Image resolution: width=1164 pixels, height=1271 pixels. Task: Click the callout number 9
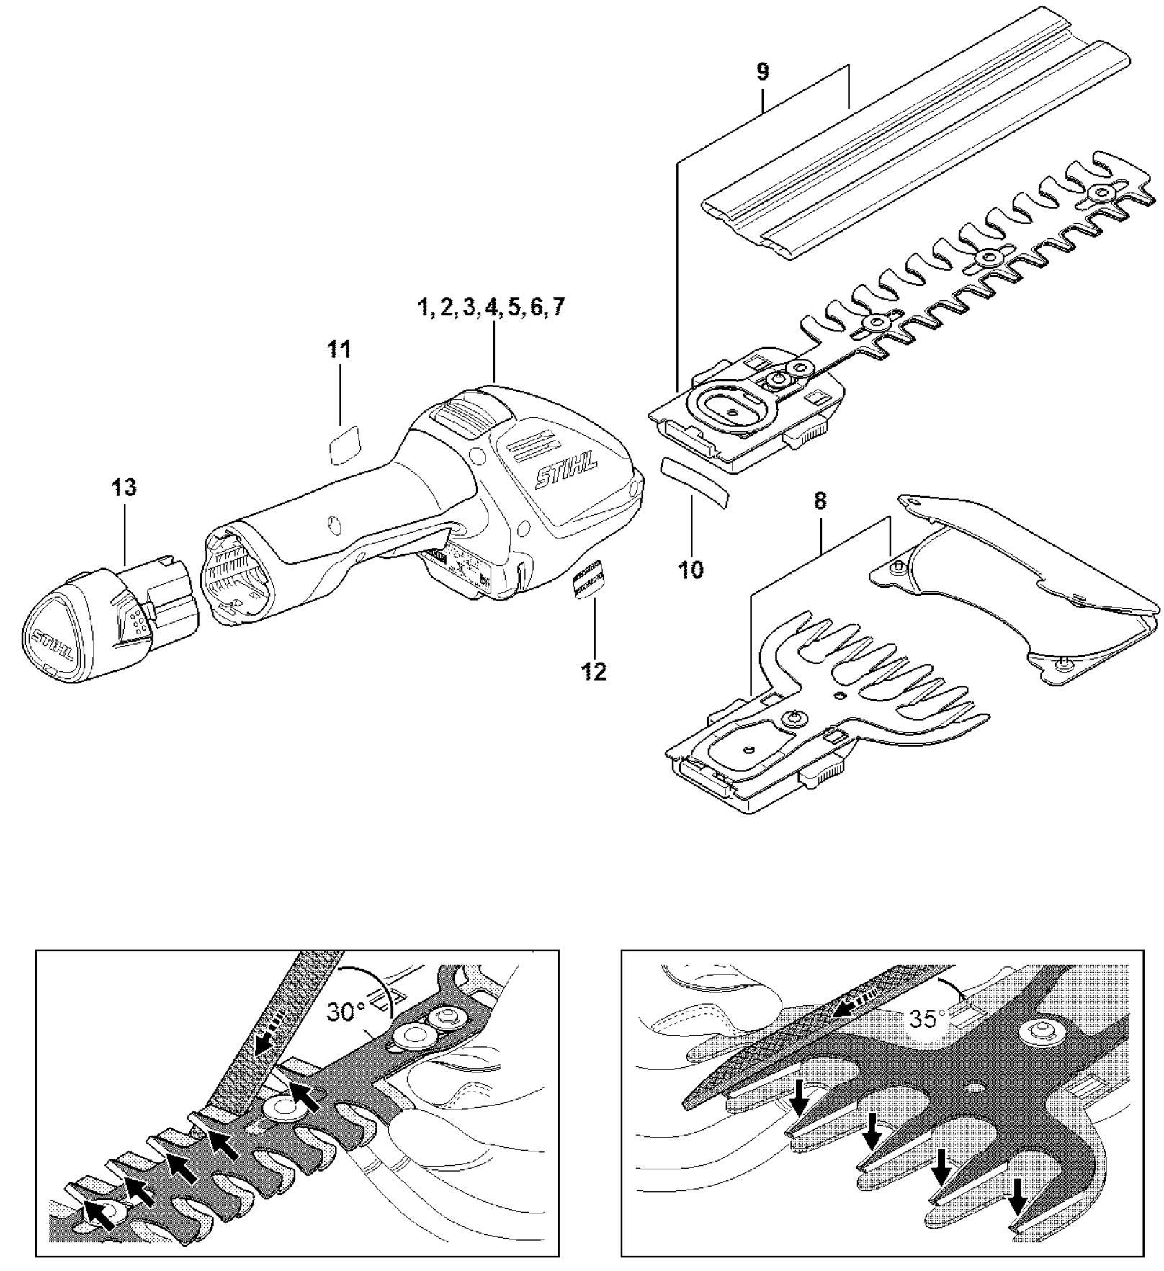point(763,72)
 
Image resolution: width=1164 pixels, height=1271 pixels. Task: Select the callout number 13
point(124,488)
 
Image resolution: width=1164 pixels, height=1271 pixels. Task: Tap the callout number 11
point(339,350)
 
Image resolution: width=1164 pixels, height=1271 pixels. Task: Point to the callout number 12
point(594,672)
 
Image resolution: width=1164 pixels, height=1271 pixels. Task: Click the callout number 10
point(691,570)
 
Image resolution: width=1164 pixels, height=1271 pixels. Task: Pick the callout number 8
point(820,501)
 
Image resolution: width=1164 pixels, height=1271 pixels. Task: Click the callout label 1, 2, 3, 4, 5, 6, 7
point(492,307)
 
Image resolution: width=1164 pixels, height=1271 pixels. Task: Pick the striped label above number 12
point(588,576)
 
